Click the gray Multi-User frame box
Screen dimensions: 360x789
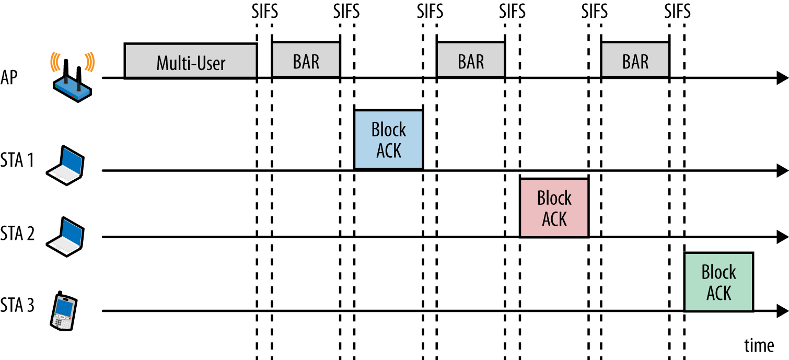point(190,61)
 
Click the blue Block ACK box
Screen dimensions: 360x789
point(388,140)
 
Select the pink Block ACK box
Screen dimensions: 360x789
point(554,208)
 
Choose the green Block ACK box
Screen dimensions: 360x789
point(718,282)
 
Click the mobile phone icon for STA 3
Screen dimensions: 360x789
point(63,311)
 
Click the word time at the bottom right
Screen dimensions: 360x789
point(759,345)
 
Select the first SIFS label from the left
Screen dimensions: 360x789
point(264,10)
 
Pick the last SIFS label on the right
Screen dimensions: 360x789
point(677,10)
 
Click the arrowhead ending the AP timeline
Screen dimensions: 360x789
point(782,78)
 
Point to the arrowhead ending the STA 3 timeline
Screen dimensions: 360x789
point(782,311)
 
